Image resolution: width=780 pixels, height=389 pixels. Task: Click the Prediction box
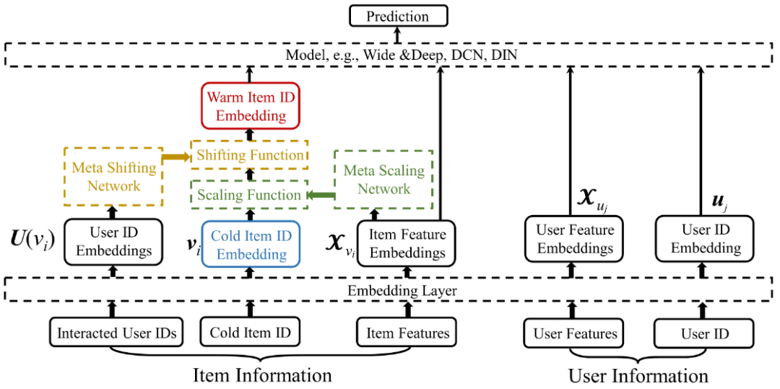[397, 16]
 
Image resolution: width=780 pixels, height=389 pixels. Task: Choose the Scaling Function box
[248, 195]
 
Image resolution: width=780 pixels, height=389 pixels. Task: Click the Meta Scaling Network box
[383, 180]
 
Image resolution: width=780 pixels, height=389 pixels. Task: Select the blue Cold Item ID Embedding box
[251, 245]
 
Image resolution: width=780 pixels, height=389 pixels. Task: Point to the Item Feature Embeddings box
[407, 244]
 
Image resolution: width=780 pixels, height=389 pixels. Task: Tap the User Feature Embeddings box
[575, 239]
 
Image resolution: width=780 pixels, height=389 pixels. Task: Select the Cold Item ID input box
[250, 333]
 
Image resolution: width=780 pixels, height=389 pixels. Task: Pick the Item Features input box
[407, 333]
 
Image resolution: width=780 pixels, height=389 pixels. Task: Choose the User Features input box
[575, 333]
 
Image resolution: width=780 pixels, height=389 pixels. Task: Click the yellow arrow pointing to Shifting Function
[173, 156]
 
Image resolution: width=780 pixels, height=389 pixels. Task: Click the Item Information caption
[261, 375]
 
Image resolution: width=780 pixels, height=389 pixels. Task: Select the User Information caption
[638, 376]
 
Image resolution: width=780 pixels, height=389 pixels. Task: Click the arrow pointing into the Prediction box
[397, 34]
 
